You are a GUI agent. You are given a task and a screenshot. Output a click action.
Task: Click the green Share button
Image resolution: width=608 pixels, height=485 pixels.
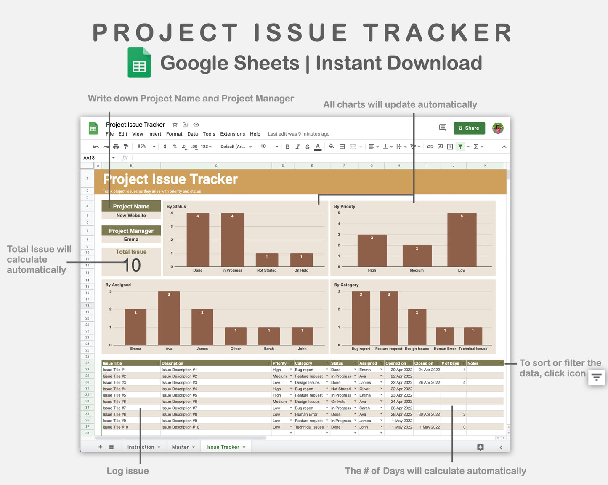point(469,128)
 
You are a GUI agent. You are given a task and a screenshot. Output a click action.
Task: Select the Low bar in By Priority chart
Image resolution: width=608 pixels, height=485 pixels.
point(462,240)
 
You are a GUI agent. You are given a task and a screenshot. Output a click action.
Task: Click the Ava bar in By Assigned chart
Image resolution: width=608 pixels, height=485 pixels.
point(169,318)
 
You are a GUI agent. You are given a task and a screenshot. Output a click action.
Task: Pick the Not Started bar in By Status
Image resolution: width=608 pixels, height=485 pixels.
point(267,260)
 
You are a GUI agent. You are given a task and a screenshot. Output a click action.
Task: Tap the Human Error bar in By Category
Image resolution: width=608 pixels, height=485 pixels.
point(445,336)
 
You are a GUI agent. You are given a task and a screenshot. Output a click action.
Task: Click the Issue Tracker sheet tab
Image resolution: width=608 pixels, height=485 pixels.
point(225,447)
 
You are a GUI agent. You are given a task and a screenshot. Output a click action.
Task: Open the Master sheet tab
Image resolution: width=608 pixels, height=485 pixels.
point(181,447)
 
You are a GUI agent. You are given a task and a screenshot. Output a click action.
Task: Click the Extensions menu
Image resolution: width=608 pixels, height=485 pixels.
point(232,134)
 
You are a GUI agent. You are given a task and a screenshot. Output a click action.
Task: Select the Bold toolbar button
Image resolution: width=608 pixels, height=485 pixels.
point(288,147)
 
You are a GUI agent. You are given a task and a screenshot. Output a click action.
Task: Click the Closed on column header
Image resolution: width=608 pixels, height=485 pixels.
point(424,363)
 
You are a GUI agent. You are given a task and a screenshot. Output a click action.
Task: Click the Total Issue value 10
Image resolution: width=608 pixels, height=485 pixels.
point(132,265)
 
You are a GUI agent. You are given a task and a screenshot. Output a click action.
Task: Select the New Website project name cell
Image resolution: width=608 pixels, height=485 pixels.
point(131,216)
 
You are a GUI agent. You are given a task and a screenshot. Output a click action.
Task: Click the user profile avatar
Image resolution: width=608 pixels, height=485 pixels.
point(498,128)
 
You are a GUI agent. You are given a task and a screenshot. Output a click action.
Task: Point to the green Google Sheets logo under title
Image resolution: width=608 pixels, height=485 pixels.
point(139,63)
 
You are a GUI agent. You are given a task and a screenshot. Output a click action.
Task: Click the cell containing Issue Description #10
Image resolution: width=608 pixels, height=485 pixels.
point(181,427)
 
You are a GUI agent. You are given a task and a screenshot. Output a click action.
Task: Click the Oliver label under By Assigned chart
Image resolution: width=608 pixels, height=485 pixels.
point(236,349)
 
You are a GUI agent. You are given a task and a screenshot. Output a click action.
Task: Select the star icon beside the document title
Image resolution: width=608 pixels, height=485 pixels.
point(175,124)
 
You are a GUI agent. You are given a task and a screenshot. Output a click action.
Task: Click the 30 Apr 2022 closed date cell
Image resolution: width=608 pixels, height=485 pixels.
point(429,414)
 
